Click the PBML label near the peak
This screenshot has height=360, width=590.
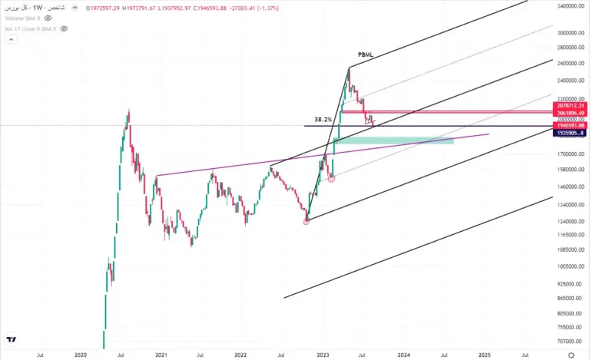coord(366,55)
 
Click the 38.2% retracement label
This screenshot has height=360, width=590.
coord(323,120)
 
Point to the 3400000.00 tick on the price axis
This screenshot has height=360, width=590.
coord(569,6)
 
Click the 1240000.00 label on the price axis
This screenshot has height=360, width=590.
coord(569,220)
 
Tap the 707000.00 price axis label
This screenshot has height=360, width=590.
coord(569,341)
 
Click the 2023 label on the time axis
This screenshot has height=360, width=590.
coord(323,355)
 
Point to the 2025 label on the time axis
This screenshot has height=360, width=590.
coord(485,355)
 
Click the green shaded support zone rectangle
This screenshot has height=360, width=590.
coord(393,140)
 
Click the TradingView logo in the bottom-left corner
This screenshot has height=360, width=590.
coord(12,339)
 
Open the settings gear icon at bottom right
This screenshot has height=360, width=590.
coord(570,355)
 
